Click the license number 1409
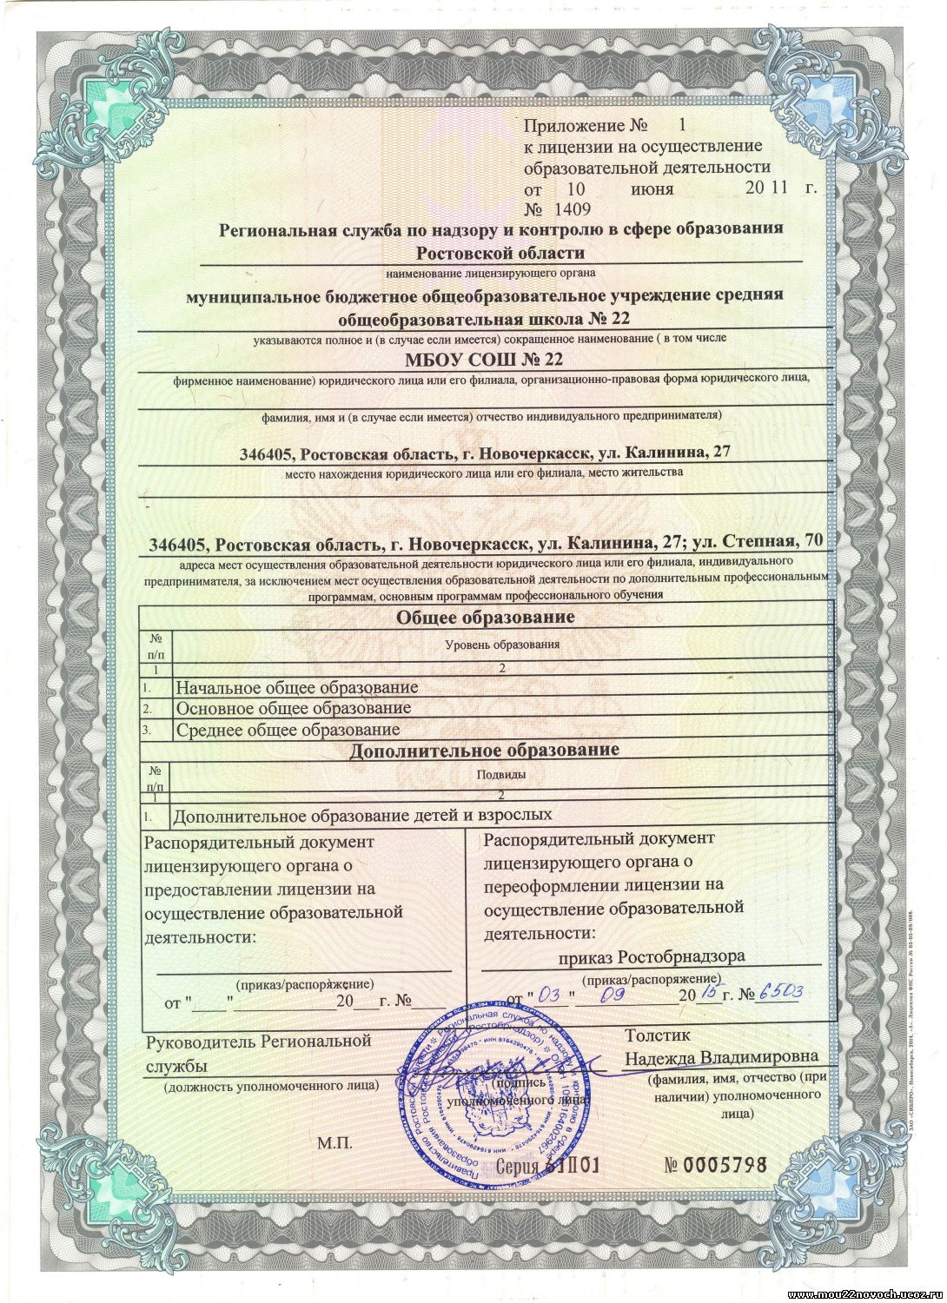click(569, 209)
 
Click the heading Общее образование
click(486, 618)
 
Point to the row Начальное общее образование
click(296, 688)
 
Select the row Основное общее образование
click(293, 709)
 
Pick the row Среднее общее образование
click(288, 730)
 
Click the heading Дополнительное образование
click(484, 750)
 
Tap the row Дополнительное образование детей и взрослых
click(362, 816)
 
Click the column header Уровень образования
click(502, 645)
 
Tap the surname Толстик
click(657, 1035)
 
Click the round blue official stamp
click(492, 1103)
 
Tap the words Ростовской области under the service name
click(500, 253)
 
